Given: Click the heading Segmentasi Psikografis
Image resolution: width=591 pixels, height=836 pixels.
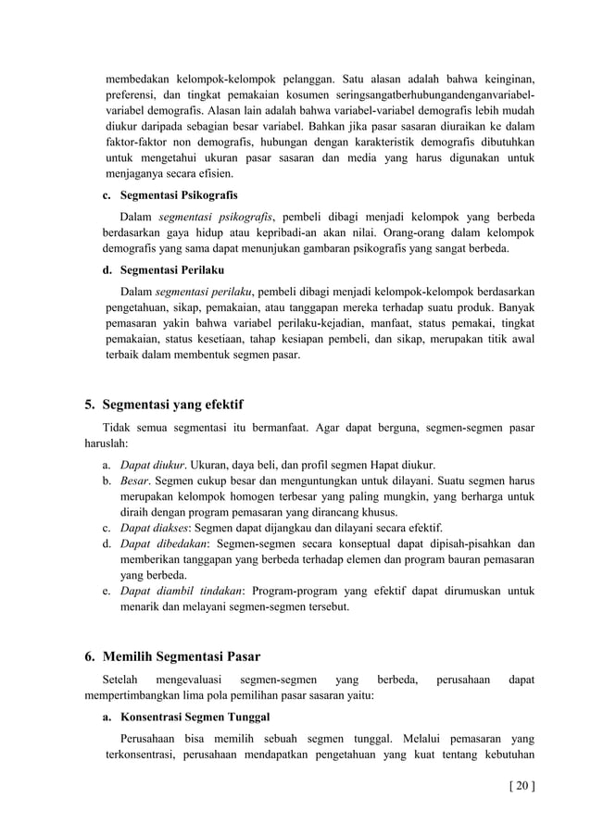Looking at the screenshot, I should tap(179, 195).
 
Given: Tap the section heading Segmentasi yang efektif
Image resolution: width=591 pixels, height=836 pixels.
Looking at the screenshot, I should tap(173, 404).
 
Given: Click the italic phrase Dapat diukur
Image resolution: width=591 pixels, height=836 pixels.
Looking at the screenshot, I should tap(151, 464).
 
